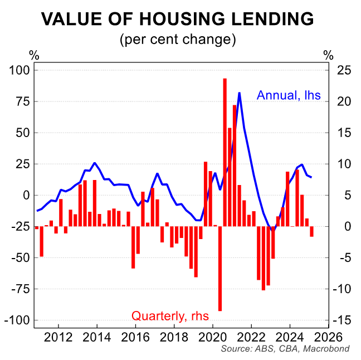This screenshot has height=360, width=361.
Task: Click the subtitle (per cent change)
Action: pos(178,40)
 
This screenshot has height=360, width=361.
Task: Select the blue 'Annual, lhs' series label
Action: pos(289,95)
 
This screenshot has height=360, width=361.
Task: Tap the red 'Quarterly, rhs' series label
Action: pos(170,316)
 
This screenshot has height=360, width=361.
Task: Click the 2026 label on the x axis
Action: pos(329,337)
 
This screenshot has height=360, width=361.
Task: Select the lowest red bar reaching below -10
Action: pos(220,267)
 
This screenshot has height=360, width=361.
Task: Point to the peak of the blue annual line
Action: pos(239,93)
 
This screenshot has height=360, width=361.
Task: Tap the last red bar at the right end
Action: pos(311,231)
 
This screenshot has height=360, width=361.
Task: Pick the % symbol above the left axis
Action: pos(34,55)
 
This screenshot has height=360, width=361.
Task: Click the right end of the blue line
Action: pos(311,177)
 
